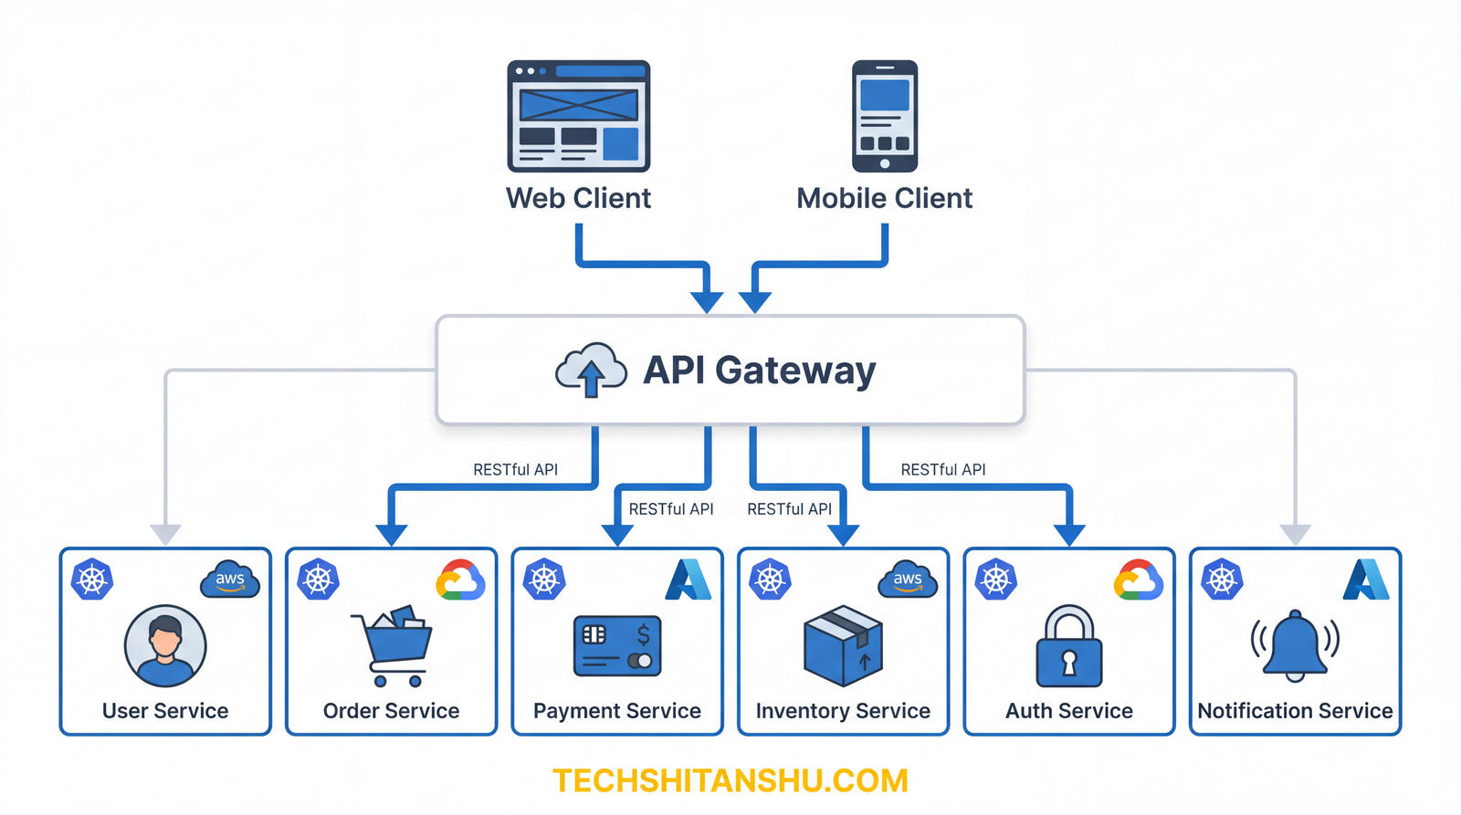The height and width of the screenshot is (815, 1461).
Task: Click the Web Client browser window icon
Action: (578, 116)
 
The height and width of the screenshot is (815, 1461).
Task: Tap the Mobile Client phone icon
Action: (884, 116)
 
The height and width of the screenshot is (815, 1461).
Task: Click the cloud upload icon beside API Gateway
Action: (591, 371)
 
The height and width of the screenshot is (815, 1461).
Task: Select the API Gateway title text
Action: (759, 371)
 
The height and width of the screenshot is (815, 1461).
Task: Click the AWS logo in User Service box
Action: (230, 580)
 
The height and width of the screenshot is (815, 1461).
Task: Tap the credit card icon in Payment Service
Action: (617, 646)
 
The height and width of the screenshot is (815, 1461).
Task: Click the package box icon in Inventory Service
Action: (843, 645)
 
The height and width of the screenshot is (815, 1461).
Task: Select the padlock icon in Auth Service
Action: (1069, 646)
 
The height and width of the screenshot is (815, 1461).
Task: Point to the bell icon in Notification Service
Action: (1295, 645)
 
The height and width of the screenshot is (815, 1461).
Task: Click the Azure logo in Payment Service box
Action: (688, 580)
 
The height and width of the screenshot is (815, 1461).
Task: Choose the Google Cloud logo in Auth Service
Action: (1138, 580)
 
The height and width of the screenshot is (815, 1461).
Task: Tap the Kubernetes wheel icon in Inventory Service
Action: (770, 580)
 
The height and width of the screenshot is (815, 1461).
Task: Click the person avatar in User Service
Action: (165, 645)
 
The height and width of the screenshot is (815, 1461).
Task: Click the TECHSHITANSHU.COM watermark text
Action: (730, 781)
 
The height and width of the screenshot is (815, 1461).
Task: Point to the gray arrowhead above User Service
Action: (165, 534)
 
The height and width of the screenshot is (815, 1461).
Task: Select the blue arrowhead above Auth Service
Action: (1069, 534)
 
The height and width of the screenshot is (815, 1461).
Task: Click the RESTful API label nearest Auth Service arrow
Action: (943, 470)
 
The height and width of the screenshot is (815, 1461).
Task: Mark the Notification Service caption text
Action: (1295, 711)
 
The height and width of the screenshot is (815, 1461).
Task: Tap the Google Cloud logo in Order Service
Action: (460, 580)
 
